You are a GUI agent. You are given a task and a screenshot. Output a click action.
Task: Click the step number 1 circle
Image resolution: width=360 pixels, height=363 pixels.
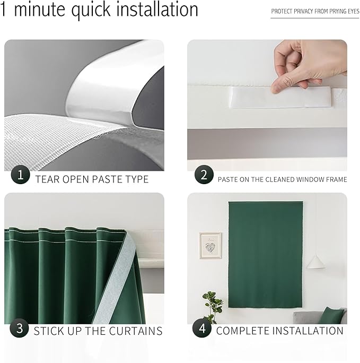[x=20, y=175]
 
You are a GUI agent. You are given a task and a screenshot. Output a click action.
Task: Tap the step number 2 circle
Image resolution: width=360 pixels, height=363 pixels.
[x=204, y=175]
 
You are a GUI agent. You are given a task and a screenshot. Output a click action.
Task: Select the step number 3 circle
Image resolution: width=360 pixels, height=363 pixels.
[x=20, y=328]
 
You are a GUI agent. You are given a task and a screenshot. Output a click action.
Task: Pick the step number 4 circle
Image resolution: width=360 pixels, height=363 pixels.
[x=201, y=328]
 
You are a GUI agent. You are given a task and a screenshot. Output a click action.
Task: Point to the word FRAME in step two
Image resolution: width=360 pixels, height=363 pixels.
[x=335, y=179]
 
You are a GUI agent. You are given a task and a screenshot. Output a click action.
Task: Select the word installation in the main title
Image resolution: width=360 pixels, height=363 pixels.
[x=154, y=10]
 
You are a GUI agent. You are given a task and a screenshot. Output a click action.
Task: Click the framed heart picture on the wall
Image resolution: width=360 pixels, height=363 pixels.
[x=210, y=245]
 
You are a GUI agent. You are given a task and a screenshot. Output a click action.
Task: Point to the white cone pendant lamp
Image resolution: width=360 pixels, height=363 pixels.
[x=316, y=261]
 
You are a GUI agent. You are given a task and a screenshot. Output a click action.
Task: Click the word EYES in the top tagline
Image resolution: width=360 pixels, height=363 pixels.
[x=352, y=11]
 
